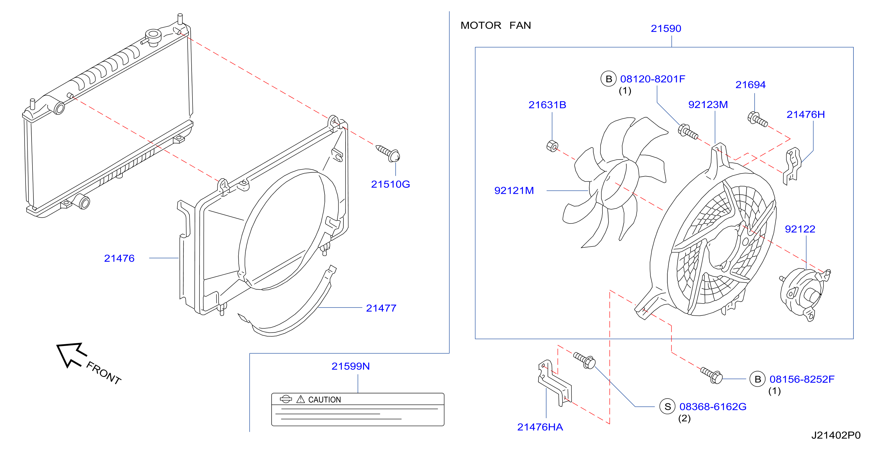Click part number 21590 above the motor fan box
666,29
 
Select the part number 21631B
547,105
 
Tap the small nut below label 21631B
552,146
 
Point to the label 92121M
514,190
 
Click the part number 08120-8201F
652,79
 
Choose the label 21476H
806,114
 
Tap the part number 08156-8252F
802,379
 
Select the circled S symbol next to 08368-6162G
667,407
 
